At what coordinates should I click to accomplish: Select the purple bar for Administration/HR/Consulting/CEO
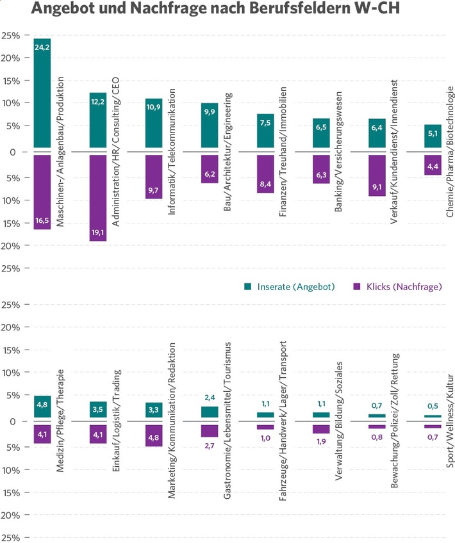98,197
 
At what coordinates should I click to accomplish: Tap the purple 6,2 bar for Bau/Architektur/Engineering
210,169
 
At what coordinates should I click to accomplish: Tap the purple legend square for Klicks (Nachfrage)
358,287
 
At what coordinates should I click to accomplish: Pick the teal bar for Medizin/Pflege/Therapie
42,407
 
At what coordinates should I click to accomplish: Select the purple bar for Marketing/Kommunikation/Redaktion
154,435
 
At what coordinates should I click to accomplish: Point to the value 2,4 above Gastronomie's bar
210,397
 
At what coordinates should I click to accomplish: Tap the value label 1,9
321,442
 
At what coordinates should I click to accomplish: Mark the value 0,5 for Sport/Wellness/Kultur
433,406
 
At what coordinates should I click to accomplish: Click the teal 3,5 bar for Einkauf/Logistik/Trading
98,410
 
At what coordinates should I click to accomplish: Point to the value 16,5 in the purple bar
42,220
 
